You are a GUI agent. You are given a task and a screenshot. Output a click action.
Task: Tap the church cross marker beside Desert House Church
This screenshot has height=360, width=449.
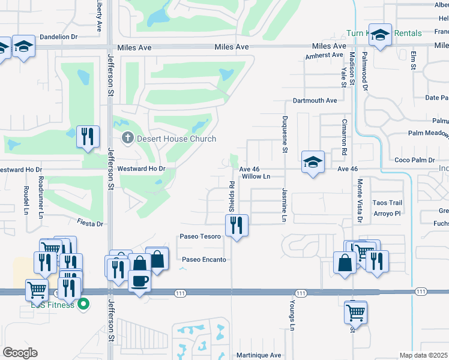click(127, 139)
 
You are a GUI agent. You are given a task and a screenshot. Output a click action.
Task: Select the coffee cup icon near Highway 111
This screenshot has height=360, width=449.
click(140, 281)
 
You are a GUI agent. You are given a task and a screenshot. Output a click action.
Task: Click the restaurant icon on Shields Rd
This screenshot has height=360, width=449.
click(237, 226)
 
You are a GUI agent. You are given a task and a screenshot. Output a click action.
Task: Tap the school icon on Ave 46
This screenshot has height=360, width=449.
click(313, 161)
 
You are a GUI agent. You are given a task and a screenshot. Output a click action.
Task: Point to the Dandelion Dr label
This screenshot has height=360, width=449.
click(59, 37)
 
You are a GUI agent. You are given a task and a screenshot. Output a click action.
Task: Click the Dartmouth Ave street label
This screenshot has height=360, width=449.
click(315, 100)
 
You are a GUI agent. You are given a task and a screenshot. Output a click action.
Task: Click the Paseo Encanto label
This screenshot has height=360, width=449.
click(204, 259)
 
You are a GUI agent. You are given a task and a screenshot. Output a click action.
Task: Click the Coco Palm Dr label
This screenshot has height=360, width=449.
click(414, 160)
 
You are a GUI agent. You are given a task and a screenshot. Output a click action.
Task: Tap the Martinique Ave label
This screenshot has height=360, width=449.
click(259, 355)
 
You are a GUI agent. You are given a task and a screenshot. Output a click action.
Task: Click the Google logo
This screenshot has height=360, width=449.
click(20, 353)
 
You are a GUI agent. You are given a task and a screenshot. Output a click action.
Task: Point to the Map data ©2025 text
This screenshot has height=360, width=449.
click(423, 355)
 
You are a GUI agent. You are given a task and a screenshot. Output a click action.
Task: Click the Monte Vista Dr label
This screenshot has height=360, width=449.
click(360, 201)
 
